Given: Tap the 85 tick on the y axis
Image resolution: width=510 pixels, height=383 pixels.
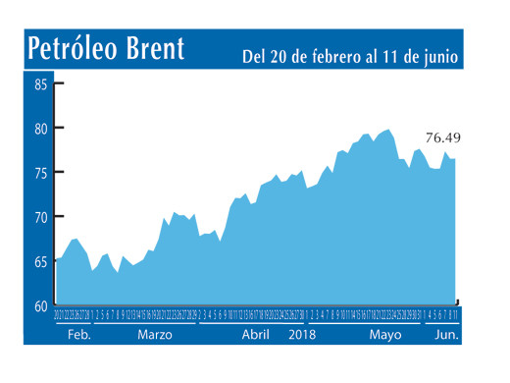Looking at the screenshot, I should pyautogui.click(x=41, y=84).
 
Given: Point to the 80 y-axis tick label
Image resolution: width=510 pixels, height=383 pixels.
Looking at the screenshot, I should pyautogui.click(x=41, y=129).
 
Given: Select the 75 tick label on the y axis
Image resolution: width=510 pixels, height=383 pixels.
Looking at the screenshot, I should pyautogui.click(x=41, y=173).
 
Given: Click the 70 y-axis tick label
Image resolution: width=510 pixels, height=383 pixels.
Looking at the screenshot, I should pyautogui.click(x=41, y=217).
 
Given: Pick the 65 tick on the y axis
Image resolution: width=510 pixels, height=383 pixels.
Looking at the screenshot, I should pyautogui.click(x=41, y=262).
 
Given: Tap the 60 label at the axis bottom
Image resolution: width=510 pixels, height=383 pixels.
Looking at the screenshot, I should pyautogui.click(x=41, y=305).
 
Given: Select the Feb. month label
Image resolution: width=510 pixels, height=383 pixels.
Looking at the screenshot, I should pyautogui.click(x=79, y=334).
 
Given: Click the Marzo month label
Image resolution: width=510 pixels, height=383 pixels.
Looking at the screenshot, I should pyautogui.click(x=155, y=334).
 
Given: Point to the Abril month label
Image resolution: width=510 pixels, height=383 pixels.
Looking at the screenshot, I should pyautogui.click(x=255, y=334).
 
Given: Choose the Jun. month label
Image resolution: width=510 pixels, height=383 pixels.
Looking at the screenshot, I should pyautogui.click(x=446, y=334).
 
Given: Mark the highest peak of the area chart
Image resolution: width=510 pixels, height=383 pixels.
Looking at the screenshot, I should pyautogui.click(x=389, y=130).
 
